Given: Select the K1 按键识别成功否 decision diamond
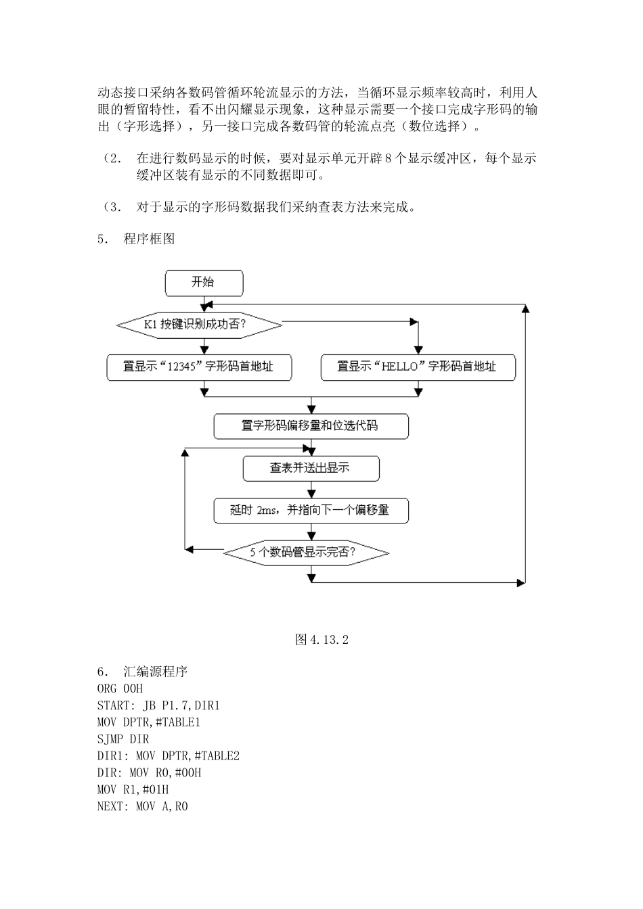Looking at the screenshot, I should click(199, 325).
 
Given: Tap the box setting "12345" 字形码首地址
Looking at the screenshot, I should click(199, 367).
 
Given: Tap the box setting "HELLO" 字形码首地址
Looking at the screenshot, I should click(418, 367).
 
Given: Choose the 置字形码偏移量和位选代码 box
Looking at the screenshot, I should click(311, 426).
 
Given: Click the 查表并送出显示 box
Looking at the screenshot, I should click(311, 468).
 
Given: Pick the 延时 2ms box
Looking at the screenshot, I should click(311, 510).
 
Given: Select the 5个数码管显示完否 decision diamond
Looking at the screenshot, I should click(306, 553).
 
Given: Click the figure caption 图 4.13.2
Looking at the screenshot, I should click(321, 640).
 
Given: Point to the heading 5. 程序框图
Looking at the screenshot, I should click(136, 239).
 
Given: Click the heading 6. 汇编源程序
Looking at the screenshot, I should click(143, 672).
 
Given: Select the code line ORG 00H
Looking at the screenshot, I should click(120, 689).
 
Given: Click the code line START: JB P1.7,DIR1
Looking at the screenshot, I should click(158, 705).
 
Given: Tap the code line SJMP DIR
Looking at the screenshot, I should click(123, 739).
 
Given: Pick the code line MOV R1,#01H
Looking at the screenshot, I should click(133, 789).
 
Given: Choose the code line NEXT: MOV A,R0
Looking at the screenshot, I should click(143, 806).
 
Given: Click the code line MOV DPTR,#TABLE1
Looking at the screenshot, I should click(149, 722).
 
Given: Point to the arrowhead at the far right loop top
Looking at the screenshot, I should click(525, 308).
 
